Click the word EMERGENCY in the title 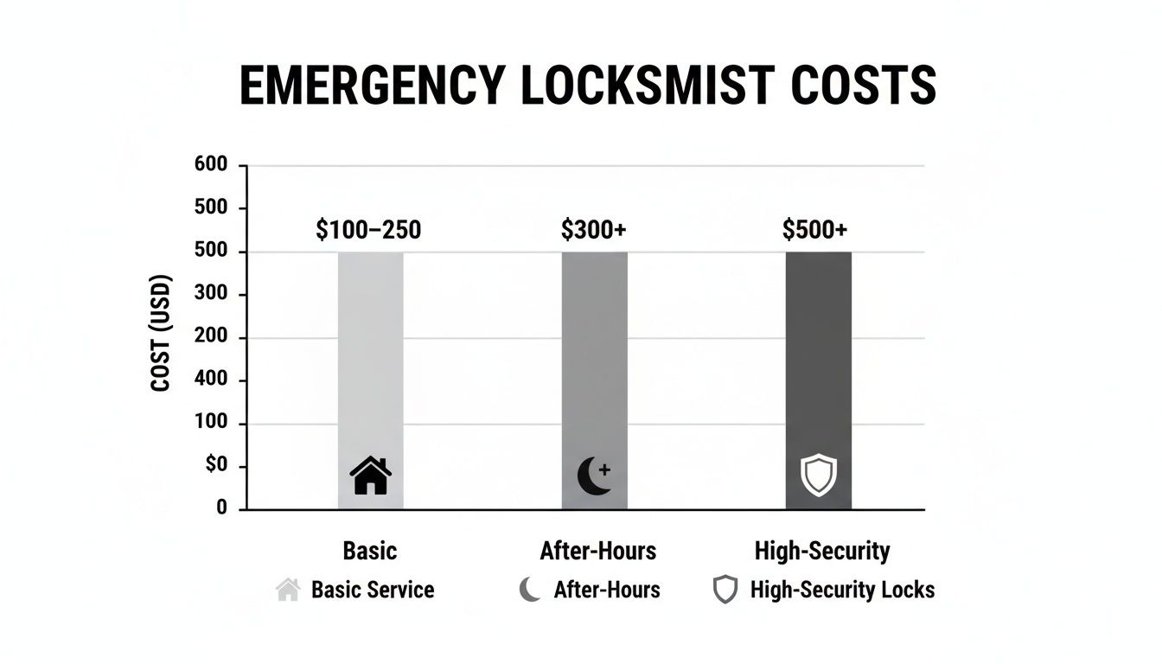pos(372,86)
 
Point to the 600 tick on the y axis pos(211,165)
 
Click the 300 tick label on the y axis pos(211,294)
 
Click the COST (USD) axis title pos(161,333)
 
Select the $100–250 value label pos(369,229)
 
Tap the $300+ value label pos(594,229)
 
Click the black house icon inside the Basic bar pos(370,476)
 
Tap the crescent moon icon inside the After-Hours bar pos(594,476)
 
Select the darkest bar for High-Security pos(818,363)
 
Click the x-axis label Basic pos(369,551)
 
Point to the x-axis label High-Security pos(821,551)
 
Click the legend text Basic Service pos(373,590)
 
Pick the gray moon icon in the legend pos(529,591)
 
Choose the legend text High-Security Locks pos(842,590)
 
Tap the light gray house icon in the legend pos(288,590)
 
